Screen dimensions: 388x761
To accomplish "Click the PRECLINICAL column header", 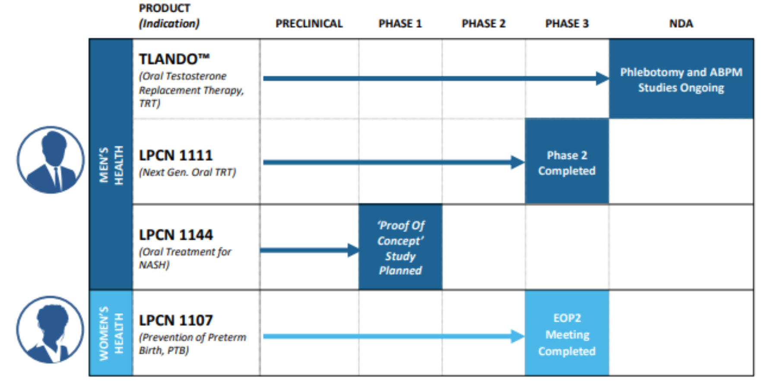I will [309, 23].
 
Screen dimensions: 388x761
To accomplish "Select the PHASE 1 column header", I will [400, 23].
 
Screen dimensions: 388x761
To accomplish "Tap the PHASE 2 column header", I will [483, 23].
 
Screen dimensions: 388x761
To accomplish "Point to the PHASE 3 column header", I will [567, 23].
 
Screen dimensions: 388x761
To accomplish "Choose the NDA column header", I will [681, 23].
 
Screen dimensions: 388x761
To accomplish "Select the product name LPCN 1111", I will [176, 155].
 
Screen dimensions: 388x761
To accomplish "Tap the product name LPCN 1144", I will [176, 235].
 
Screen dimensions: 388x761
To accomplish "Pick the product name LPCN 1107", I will [176, 320].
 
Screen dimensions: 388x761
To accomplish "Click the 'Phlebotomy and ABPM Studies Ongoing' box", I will [681, 80].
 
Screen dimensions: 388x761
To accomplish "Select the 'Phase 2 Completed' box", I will [567, 162].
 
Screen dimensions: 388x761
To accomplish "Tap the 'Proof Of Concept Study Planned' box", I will [400, 247].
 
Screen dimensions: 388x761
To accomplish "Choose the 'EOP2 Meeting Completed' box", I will [567, 334].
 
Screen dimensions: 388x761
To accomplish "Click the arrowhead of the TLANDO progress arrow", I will [602, 78].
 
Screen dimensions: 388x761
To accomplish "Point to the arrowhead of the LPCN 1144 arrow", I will [353, 250].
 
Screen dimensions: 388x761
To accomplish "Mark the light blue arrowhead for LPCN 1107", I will [517, 336].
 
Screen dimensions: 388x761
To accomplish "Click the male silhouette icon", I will [51, 160].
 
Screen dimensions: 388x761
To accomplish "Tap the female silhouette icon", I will [51, 330].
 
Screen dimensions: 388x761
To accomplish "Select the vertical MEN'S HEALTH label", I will [111, 165].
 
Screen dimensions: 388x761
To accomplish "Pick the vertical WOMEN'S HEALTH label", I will [111, 333].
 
